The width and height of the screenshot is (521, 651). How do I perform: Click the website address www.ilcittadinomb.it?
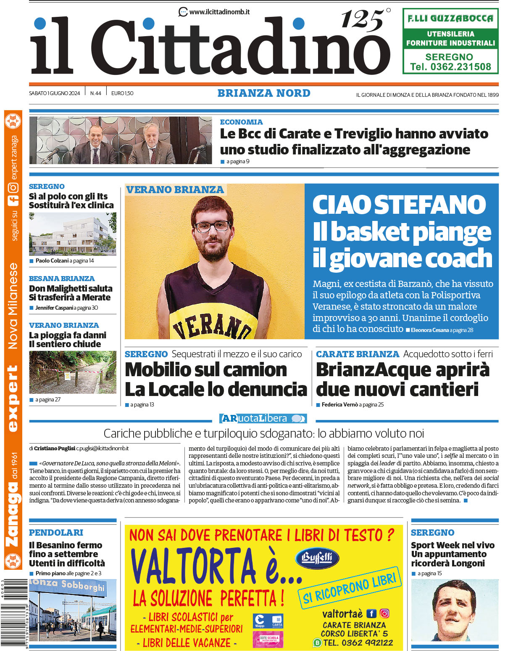pos(219,12)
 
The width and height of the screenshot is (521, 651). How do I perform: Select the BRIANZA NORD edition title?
pos(264,93)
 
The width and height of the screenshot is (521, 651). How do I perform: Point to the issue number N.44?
pos(95,93)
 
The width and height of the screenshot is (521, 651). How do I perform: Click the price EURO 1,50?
pos(122,93)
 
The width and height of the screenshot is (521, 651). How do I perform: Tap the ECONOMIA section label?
pos(241,122)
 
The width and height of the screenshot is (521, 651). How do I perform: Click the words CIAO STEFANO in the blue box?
pos(399,205)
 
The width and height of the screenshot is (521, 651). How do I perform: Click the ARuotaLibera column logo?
pos(263,418)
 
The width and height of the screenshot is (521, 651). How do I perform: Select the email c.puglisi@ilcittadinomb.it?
pos(103,449)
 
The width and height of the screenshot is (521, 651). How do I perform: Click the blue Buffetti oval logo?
pos(317,558)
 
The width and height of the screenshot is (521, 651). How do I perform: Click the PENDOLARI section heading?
pos(56,533)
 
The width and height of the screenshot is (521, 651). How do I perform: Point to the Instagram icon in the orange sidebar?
pos(13,188)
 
